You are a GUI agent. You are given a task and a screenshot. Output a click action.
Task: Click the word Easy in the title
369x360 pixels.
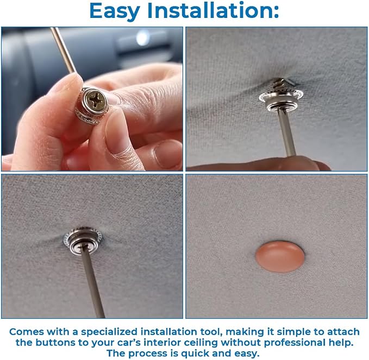115,11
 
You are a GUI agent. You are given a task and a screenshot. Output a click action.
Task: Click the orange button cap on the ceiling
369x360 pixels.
279,256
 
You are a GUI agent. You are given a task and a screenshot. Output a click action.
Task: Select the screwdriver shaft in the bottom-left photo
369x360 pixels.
92,282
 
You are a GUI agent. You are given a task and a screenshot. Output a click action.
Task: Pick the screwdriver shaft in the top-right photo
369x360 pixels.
286,132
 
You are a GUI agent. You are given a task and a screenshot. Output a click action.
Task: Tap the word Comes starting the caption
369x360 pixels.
27,332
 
